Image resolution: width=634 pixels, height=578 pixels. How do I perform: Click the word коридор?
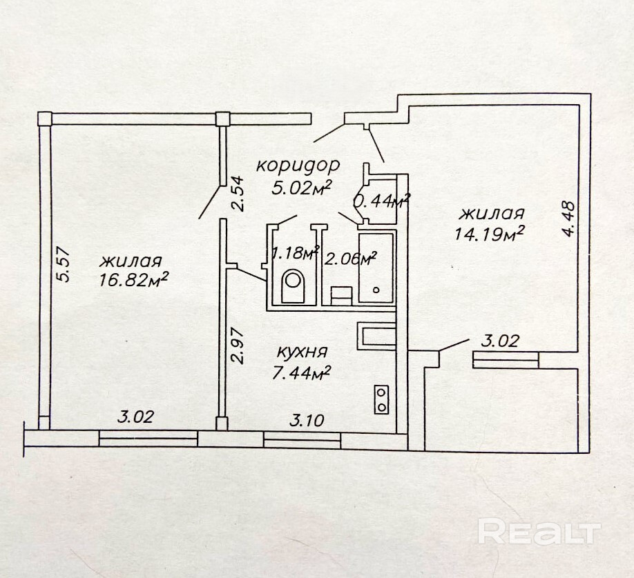click(298, 166)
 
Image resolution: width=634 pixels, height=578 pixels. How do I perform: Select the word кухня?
click(302, 352)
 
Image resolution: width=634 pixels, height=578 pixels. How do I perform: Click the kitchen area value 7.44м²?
click(302, 372)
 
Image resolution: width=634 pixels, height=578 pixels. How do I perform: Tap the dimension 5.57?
click(64, 265)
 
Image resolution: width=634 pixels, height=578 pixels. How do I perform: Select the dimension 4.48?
click(568, 219)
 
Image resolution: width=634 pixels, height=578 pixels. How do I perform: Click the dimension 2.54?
click(238, 195)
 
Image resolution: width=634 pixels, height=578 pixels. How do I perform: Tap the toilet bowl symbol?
click(294, 283)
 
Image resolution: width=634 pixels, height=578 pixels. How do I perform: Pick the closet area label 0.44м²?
click(381, 201)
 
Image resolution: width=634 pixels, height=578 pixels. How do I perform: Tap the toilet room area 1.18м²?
click(294, 252)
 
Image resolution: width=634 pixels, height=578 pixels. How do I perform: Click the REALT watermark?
click(539, 532)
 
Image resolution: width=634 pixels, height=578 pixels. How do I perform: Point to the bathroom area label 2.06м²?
click(351, 259)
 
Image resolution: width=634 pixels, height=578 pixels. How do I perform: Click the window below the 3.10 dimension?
click(302, 436)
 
